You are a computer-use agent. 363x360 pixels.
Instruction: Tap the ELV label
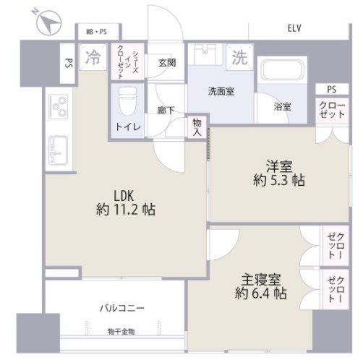pyautogui.click(x=294, y=28)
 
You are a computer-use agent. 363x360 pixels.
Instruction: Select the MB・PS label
pyautogui.click(x=96, y=32)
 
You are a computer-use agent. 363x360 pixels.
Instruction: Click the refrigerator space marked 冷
pyautogui.click(x=93, y=57)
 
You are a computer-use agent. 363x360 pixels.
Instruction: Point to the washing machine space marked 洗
pyautogui.click(x=240, y=57)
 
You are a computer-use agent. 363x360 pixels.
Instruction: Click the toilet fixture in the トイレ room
pyautogui.click(x=127, y=100)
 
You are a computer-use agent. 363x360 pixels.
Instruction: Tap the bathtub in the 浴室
pyautogui.click(x=282, y=70)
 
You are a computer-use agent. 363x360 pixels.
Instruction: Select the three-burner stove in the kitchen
pyautogui.click(x=59, y=106)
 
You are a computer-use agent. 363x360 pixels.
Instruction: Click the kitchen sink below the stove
pyautogui.click(x=58, y=150)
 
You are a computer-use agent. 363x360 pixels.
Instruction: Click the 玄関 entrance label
pyautogui.click(x=167, y=63)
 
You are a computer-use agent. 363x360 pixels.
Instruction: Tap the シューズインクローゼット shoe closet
pyautogui.click(x=128, y=61)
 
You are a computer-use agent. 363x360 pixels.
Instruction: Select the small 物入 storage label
pyautogui.click(x=197, y=127)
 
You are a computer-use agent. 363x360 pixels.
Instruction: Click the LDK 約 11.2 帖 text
pyautogui.click(x=125, y=203)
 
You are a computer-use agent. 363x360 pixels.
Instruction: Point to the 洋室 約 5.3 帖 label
pyautogui.click(x=279, y=173)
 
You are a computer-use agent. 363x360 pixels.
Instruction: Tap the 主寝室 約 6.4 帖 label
pyautogui.click(x=261, y=286)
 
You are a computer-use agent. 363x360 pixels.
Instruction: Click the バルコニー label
pyautogui.click(x=122, y=308)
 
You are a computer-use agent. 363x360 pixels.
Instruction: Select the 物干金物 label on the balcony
pyautogui.click(x=121, y=332)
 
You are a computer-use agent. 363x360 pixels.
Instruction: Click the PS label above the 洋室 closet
pyautogui.click(x=332, y=90)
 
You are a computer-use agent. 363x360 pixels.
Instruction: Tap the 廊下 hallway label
pyautogui.click(x=166, y=111)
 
